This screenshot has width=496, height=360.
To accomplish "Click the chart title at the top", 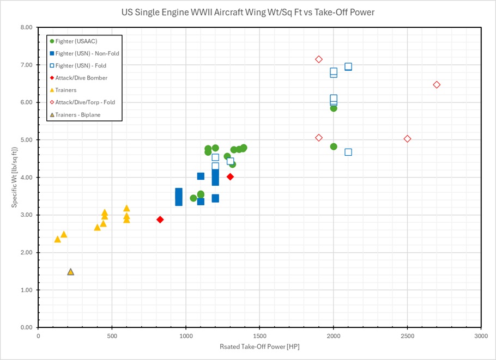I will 248,12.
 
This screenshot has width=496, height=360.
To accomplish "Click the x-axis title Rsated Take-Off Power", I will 259,346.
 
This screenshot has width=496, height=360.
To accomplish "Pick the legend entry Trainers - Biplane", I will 80,114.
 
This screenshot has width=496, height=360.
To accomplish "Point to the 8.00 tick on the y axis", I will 26,27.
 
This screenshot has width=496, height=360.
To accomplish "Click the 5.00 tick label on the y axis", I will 26,140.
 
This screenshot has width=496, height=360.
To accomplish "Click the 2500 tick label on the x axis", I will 407,336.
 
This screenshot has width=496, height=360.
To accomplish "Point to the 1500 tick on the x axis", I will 259,336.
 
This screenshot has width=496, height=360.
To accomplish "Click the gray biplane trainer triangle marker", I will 70,272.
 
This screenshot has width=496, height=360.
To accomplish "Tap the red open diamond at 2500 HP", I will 407,139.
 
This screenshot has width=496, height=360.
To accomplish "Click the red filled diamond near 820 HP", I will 160,219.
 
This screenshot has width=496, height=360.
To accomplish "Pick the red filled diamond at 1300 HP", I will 230,176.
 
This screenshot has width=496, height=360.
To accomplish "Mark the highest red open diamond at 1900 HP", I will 319,59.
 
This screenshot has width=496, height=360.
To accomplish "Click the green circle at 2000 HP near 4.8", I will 334,147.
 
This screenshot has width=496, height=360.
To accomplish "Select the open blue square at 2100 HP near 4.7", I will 348,152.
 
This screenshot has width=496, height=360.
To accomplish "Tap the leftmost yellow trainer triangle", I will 58,239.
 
